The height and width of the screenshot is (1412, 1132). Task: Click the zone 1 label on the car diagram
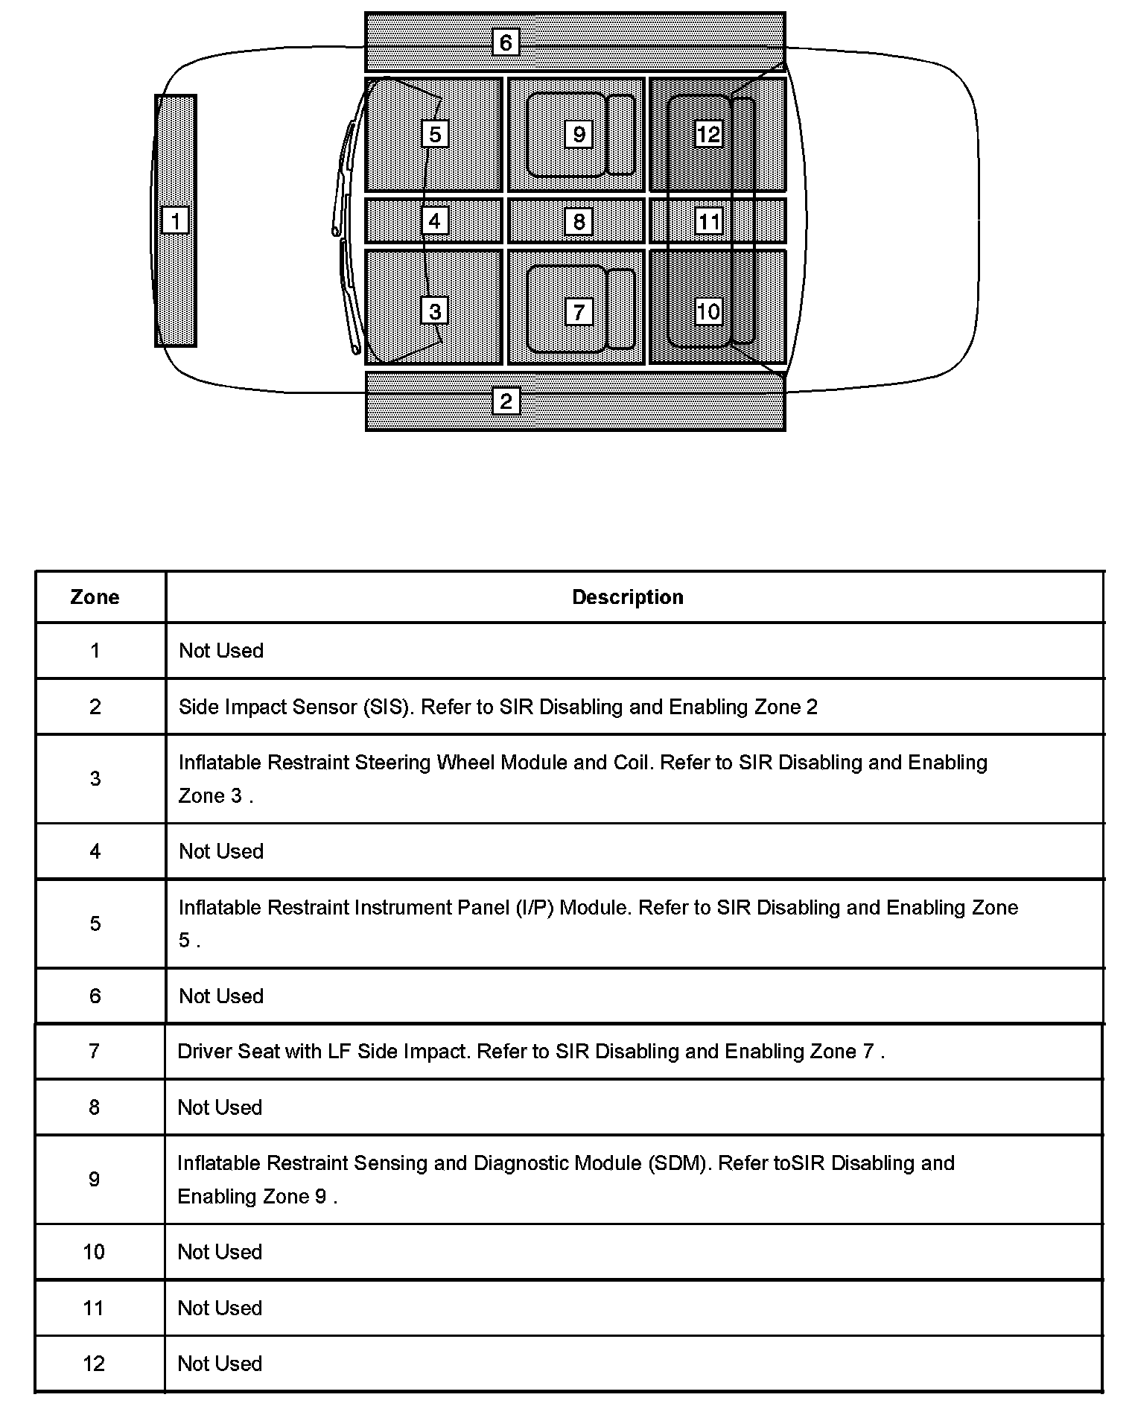(176, 220)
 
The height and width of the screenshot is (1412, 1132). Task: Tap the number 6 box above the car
(506, 42)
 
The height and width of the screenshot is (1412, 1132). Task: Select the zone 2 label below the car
(506, 401)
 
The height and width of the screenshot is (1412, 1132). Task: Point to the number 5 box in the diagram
(435, 134)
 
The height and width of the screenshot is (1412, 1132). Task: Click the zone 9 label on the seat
(579, 134)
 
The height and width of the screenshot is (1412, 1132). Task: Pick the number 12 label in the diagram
(708, 134)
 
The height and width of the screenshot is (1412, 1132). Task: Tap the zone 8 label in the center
(579, 221)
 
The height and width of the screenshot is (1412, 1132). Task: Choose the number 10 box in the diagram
(708, 311)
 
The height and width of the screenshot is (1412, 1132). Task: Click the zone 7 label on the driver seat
(579, 311)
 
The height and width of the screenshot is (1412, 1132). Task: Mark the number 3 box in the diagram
(435, 311)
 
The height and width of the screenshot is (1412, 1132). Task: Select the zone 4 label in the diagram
(435, 220)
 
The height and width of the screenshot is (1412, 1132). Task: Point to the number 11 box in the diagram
(708, 221)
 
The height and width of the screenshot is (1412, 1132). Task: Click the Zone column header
(95, 597)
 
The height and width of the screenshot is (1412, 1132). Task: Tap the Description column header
(627, 597)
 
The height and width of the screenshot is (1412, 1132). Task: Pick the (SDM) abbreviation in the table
(679, 1163)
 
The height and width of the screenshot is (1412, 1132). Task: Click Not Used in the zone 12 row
(220, 1364)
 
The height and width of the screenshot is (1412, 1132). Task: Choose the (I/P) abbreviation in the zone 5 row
(534, 908)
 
